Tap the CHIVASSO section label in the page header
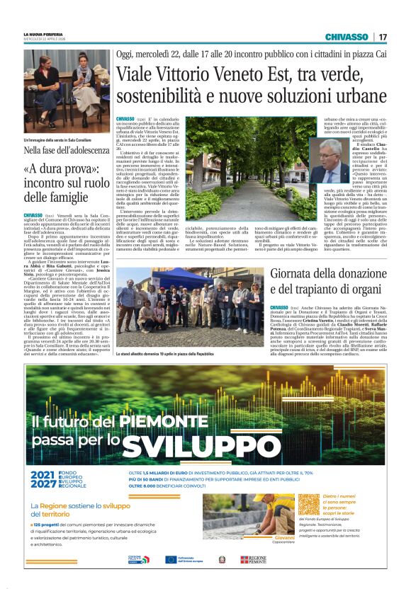point(346,37)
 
